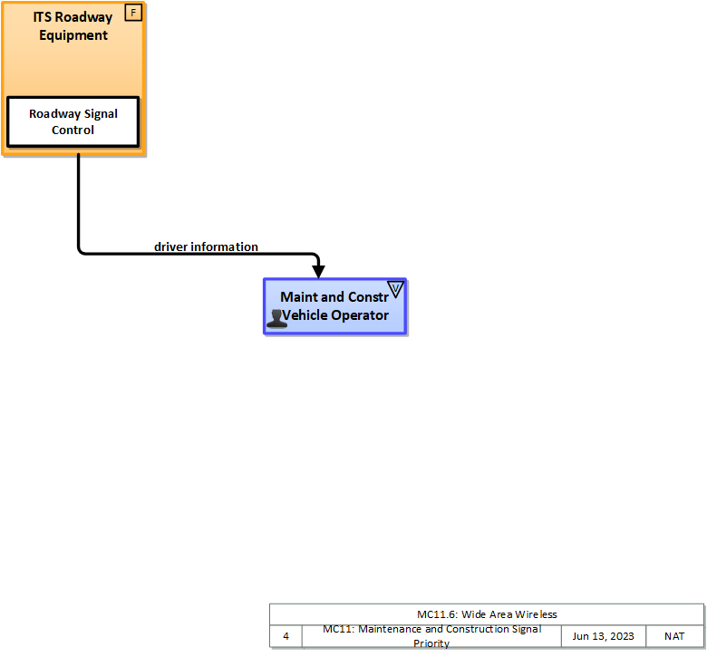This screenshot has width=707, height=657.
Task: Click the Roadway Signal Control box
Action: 73,122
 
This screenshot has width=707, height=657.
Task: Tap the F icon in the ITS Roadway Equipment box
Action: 133,14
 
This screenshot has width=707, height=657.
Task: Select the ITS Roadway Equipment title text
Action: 73,26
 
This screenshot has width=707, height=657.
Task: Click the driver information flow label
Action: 206,246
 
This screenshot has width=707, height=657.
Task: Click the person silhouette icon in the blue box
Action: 276,318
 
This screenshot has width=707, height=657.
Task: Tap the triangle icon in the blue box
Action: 395,289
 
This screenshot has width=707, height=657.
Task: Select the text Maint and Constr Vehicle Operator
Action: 335,306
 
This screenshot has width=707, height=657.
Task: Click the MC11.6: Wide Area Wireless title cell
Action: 487,614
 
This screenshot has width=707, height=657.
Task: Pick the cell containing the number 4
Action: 286,636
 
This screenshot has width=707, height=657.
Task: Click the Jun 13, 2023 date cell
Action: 603,636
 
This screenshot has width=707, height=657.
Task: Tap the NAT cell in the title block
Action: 674,636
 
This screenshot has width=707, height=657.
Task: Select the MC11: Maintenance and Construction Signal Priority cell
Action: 431,636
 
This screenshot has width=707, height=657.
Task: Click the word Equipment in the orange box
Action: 73,35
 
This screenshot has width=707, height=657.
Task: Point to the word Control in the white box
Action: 73,130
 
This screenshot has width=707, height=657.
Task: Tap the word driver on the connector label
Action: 170,246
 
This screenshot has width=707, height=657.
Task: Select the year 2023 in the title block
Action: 621,636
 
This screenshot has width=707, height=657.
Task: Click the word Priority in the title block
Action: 431,643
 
